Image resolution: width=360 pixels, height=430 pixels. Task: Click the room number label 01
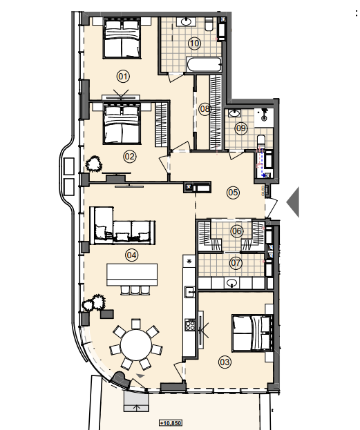[x=123, y=76]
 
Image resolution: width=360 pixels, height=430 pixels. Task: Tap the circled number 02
[x=130, y=157]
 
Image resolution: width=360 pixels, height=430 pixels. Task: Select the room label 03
[x=225, y=362]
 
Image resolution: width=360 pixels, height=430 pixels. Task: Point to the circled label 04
[x=131, y=255]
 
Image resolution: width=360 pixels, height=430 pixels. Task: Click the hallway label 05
[x=233, y=193]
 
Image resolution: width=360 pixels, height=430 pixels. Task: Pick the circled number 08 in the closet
[x=205, y=109]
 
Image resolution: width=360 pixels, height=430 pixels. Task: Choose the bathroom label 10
[x=194, y=43]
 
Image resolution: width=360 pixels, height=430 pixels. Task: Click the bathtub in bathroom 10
[x=204, y=65]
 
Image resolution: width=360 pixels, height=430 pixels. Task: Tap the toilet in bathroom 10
[x=209, y=24]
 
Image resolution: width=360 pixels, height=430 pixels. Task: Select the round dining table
[x=136, y=344]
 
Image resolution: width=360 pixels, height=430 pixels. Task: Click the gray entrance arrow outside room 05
[x=293, y=202]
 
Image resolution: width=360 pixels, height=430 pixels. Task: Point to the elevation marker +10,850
[x=171, y=423]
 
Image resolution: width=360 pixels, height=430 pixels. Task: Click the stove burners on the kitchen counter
[x=189, y=325]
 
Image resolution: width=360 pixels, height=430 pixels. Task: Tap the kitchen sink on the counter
[x=189, y=292]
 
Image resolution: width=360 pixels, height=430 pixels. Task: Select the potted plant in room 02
[x=94, y=164]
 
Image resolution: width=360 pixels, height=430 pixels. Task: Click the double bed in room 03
[x=252, y=333]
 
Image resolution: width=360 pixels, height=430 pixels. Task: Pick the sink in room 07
[x=232, y=283]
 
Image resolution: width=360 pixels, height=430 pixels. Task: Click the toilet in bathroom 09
[x=261, y=142]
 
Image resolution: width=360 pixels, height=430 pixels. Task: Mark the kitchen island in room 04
[x=132, y=275]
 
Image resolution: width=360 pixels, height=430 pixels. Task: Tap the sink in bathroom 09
[x=234, y=113]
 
